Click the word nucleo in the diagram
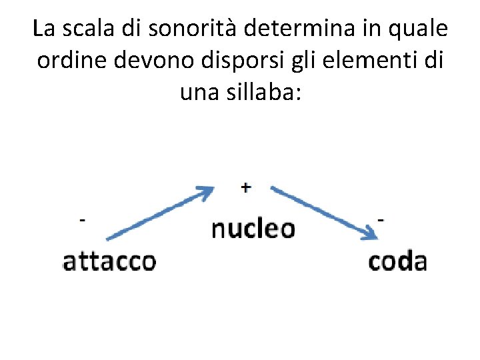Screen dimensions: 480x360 click(x=253, y=229)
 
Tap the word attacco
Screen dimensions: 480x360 click(x=109, y=261)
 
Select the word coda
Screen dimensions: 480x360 click(x=397, y=261)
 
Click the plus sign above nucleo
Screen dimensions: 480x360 click(x=246, y=187)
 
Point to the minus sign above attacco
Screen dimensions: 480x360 click(x=82, y=219)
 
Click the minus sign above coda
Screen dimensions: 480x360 click(x=381, y=219)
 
